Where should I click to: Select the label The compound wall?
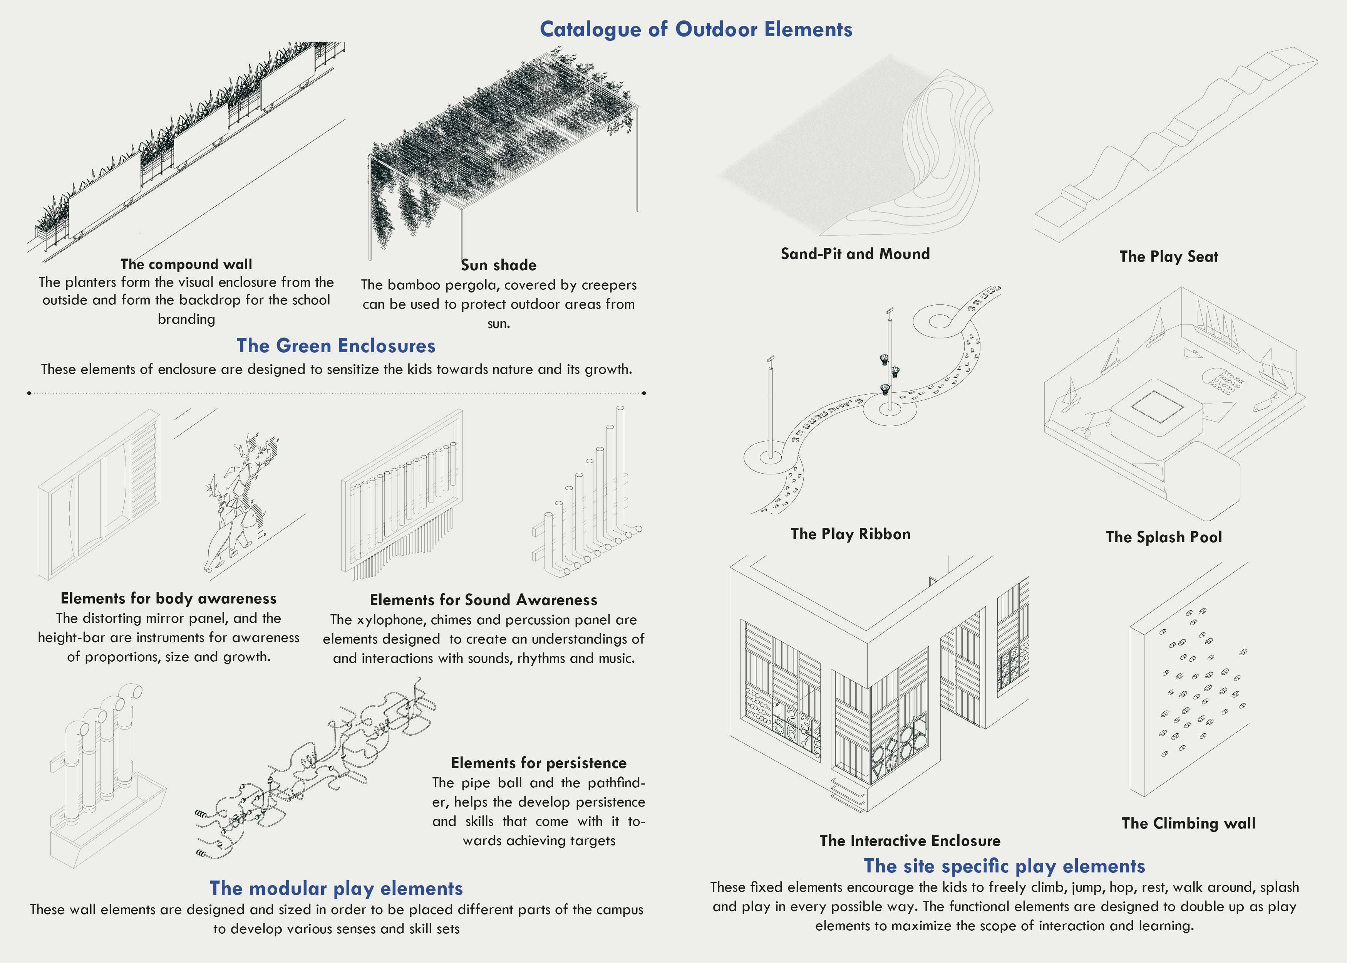186,264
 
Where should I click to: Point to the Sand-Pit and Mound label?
855,254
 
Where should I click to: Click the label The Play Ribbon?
850,534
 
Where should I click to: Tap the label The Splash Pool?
1163,537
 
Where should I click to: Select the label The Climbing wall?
1188,823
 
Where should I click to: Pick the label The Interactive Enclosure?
910,841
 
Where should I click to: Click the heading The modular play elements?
336,888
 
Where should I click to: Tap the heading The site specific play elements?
1004,866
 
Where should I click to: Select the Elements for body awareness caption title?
168,598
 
